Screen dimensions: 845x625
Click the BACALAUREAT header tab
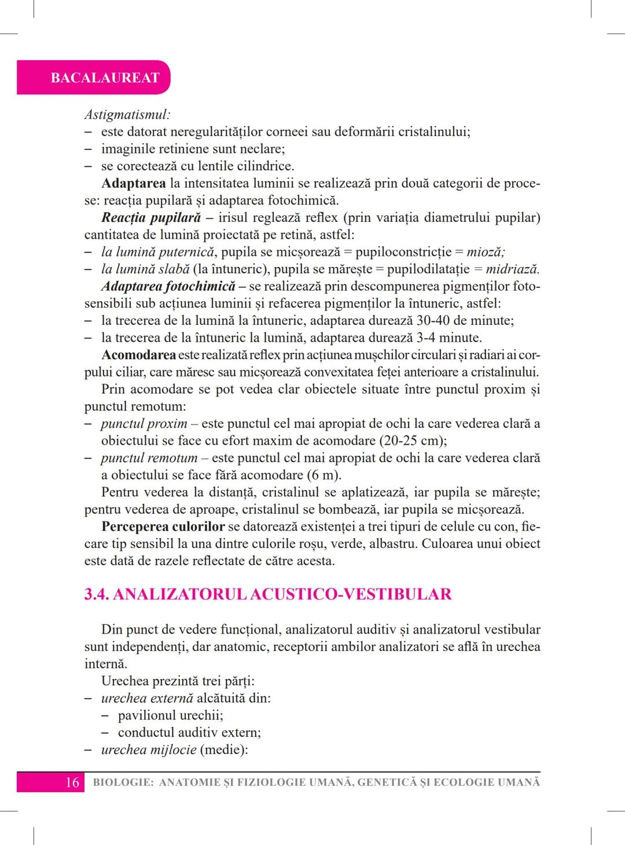click(105, 78)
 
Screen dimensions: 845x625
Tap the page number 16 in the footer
click(72, 782)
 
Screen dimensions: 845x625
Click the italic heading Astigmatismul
click(127, 115)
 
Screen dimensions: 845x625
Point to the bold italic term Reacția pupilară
click(151, 218)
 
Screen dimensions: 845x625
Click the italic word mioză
click(486, 253)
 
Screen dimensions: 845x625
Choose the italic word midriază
click(512, 269)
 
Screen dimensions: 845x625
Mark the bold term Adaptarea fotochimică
click(168, 286)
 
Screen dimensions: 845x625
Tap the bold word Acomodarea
click(139, 355)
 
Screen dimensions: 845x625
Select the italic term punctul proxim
click(144, 424)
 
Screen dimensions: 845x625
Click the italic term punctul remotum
click(149, 458)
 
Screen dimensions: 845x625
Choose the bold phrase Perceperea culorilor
click(163, 527)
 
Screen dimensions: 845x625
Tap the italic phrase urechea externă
click(147, 698)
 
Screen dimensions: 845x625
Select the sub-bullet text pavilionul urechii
click(171, 716)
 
